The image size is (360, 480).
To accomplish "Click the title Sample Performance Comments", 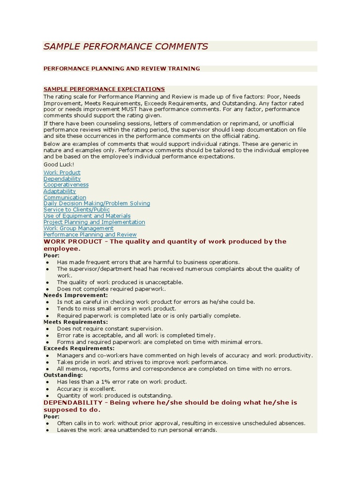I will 126,46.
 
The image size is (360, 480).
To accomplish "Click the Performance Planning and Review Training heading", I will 121,68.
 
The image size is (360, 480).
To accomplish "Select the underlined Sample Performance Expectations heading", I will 104,89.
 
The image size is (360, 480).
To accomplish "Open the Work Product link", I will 62,172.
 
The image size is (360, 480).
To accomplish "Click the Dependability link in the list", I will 62,179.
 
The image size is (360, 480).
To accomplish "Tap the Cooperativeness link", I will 66,185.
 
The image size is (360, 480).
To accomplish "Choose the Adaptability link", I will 60,191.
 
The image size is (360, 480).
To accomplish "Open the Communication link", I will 65,197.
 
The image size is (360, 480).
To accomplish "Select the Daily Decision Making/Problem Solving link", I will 97,203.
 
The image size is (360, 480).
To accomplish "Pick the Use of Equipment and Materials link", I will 87,216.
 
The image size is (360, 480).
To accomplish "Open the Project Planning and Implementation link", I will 94,222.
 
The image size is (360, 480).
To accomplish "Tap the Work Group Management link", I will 78,228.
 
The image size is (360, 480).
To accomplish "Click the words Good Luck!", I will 59,165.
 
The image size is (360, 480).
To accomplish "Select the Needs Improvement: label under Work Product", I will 75,295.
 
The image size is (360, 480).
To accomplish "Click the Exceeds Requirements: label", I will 79,348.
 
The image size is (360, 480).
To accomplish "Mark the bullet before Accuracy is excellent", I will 48,389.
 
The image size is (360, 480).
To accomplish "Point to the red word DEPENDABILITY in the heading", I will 73,403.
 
